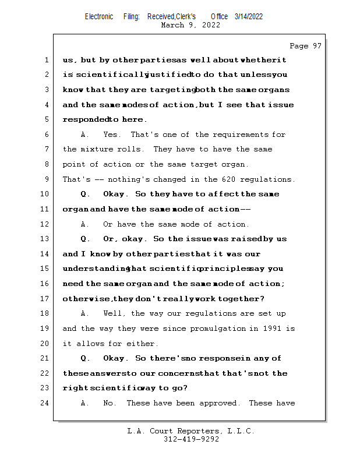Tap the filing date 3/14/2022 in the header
point(249,16)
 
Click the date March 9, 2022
point(190,25)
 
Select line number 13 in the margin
point(46,239)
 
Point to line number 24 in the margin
point(46,403)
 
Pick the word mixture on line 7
point(99,150)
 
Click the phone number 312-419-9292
point(191,439)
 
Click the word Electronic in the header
point(99,16)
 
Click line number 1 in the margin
point(46,60)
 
